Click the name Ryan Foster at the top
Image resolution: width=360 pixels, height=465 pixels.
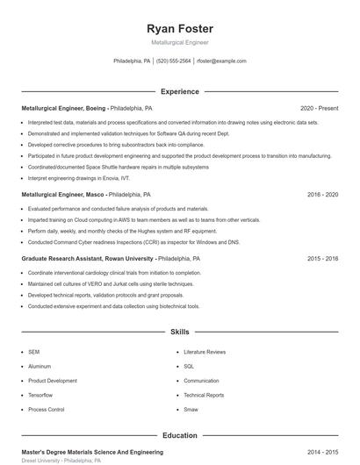click(x=179, y=28)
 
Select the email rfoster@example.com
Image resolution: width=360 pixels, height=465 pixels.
click(x=221, y=61)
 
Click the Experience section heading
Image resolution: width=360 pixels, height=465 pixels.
click(x=179, y=90)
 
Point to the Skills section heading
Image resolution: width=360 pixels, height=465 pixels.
click(x=179, y=333)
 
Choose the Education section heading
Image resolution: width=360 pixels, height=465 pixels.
click(x=179, y=434)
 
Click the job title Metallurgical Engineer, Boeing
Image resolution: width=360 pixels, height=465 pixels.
click(x=64, y=108)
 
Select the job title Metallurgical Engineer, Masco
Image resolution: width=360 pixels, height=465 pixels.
click(x=62, y=194)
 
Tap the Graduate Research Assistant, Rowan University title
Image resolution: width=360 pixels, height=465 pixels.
click(x=88, y=259)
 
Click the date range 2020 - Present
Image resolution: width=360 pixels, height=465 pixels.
click(x=319, y=108)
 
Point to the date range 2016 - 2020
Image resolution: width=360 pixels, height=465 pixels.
click(x=322, y=194)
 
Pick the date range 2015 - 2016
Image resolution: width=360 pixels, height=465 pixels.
click(x=322, y=259)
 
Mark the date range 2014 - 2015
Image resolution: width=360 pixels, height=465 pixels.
click(x=322, y=450)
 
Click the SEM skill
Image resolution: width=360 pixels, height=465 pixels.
click(x=33, y=352)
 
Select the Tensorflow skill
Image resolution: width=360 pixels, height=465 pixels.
click(x=40, y=395)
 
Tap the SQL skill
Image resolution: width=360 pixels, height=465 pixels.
click(x=188, y=366)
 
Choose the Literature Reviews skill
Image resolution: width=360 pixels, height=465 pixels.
click(x=205, y=352)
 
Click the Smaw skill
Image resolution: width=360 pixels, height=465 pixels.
click(x=191, y=409)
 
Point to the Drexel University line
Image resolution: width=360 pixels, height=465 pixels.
click(x=54, y=460)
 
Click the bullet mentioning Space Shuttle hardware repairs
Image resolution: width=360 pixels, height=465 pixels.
click(x=105, y=165)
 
